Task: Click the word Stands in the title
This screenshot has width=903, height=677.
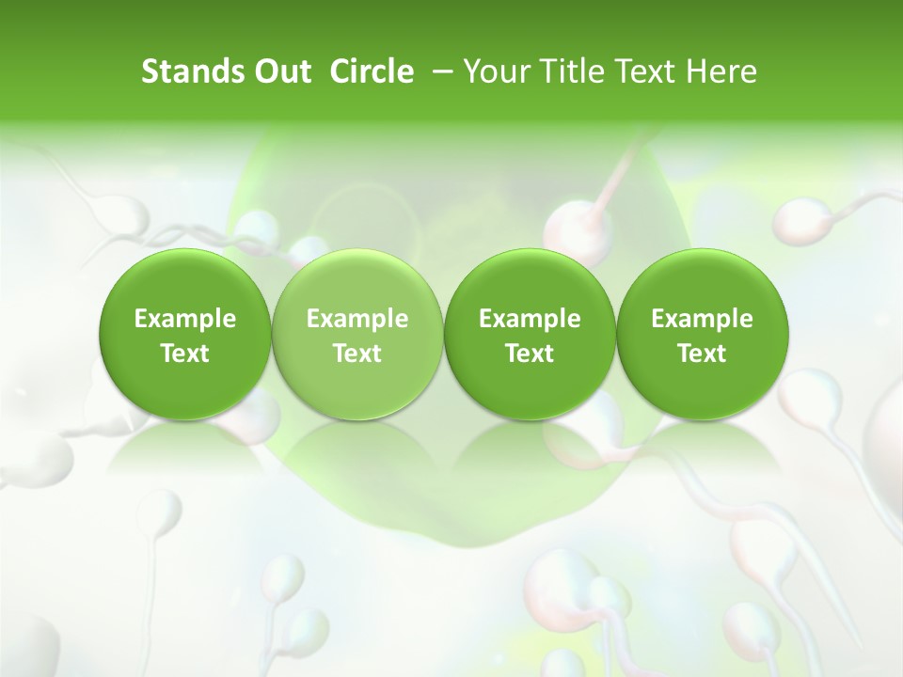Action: (192, 71)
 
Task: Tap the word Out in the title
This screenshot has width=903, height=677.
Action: (280, 71)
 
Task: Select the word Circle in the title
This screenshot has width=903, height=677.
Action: (372, 71)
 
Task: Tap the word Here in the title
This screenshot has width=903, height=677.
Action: (721, 71)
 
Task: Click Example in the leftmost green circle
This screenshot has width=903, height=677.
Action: (185, 319)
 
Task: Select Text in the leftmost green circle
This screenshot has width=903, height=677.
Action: (185, 354)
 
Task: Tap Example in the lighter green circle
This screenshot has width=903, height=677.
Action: (357, 319)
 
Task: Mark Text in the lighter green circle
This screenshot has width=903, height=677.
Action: (357, 354)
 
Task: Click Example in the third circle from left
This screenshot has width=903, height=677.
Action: (530, 319)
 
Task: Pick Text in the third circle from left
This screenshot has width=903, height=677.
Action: (530, 354)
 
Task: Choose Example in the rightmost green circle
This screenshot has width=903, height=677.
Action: (702, 319)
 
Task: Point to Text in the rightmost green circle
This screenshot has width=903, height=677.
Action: (702, 354)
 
